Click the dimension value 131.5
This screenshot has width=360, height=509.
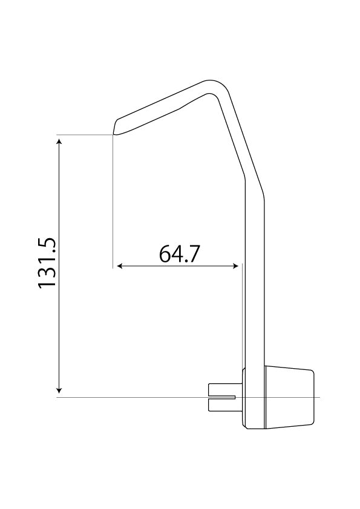pyautogui.click(x=47, y=261)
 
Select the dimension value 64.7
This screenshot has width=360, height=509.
pyautogui.click(x=179, y=253)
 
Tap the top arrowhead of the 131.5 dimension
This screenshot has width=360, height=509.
pyautogui.click(x=59, y=141)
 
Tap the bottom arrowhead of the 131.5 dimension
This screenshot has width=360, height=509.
pyautogui.click(x=59, y=390)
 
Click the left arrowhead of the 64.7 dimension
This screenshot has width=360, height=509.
pyautogui.click(x=120, y=265)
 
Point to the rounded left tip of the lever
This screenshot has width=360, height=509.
pyautogui.click(x=115, y=127)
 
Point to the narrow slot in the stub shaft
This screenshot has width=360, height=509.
pyautogui.click(x=223, y=397)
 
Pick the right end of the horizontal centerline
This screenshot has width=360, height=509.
pyautogui.click(x=318, y=397)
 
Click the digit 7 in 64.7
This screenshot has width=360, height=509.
pyautogui.click(x=193, y=253)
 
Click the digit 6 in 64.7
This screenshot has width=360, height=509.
pyautogui.click(x=165, y=253)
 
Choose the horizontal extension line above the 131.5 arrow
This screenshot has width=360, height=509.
pyautogui.click(x=85, y=134)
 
